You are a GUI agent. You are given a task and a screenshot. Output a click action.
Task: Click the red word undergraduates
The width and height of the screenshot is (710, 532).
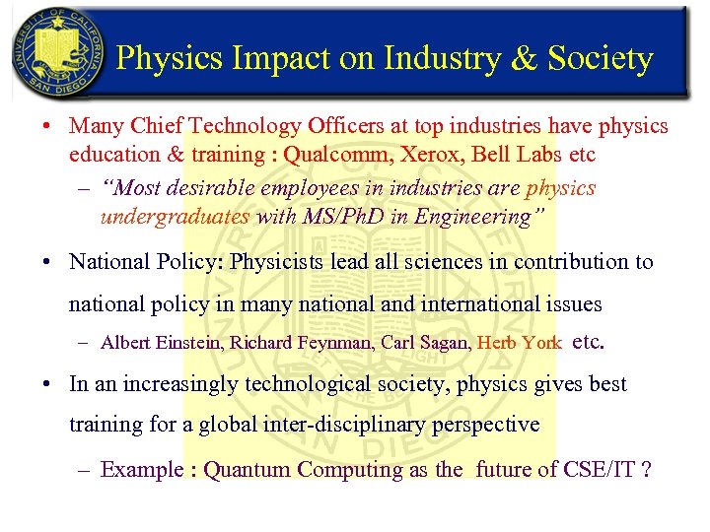point(175,217)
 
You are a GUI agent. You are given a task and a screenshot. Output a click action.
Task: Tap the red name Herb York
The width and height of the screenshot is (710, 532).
point(519,344)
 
